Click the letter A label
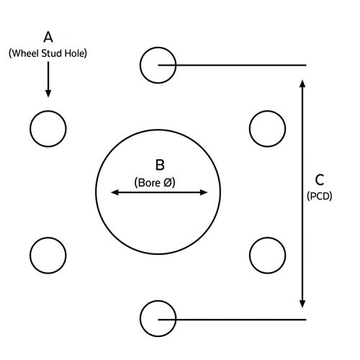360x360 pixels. pyautogui.click(x=48, y=37)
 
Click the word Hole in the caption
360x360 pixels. pyautogui.click(x=74, y=53)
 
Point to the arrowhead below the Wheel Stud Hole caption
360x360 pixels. pyautogui.click(x=48, y=94)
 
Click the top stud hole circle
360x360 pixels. pyautogui.click(x=140, y=66)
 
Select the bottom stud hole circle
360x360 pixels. pyautogui.click(x=140, y=318)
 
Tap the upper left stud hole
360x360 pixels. pyautogui.click(x=30, y=129)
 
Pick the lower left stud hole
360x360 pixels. pyautogui.click(x=30, y=256)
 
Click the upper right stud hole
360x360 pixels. pyautogui.click(x=250, y=129)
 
